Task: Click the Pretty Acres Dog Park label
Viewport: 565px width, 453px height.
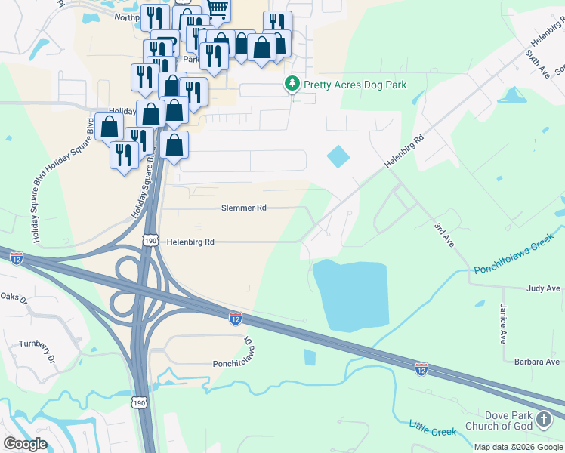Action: tap(355, 85)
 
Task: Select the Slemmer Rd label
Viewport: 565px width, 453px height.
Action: tap(244, 208)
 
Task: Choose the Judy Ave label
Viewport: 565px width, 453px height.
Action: tap(543, 288)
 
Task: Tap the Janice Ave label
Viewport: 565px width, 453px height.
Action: tap(503, 323)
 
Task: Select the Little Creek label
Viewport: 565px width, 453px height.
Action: tap(433, 428)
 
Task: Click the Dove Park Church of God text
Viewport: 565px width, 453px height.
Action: tap(500, 421)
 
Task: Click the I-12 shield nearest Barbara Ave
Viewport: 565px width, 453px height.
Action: tap(421, 368)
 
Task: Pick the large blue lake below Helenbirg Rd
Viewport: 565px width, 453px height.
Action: tap(350, 294)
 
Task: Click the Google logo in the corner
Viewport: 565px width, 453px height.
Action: tap(25, 444)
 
